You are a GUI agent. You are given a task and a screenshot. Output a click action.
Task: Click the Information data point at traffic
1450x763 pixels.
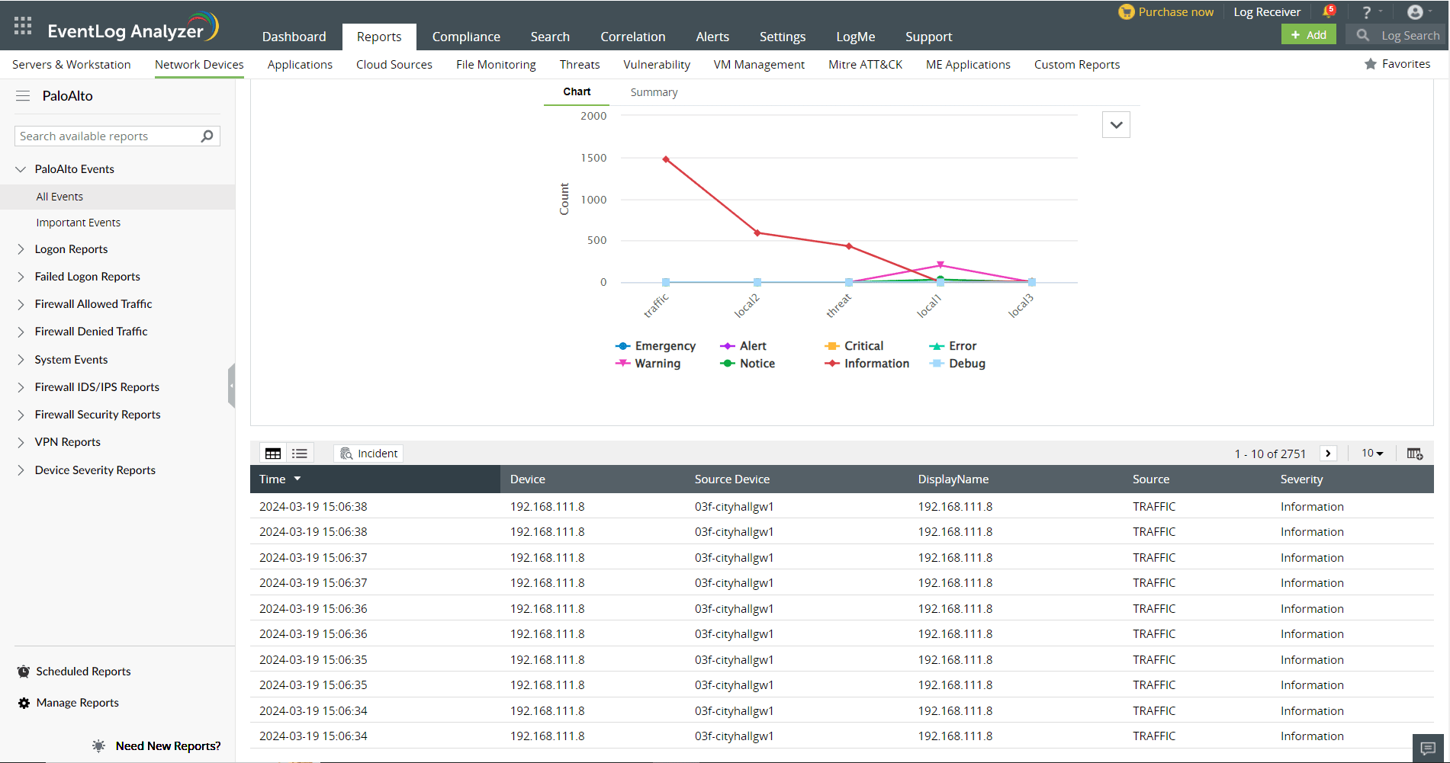[666, 159]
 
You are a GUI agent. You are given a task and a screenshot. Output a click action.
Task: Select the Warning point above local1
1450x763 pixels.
[940, 265]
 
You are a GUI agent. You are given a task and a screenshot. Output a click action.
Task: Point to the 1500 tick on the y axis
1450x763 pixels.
[593, 158]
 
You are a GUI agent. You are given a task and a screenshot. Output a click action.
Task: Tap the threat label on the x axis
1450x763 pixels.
[838, 305]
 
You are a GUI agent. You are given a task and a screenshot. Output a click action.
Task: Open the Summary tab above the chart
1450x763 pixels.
[654, 92]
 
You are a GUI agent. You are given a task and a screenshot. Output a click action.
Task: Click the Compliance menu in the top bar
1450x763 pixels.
[466, 37]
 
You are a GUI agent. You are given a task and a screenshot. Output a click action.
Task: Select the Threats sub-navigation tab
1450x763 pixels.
[580, 65]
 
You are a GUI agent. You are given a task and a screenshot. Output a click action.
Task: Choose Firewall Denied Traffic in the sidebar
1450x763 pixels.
[91, 332]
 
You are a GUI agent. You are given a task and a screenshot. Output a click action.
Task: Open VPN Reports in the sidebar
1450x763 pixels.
[67, 442]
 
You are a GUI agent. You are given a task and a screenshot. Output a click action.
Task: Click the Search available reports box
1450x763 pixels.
[108, 136]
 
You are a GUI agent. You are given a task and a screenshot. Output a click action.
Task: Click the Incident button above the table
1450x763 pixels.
[369, 454]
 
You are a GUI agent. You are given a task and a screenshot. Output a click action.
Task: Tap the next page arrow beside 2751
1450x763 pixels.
[1328, 454]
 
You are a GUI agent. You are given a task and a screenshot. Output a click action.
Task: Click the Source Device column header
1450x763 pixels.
[731, 479]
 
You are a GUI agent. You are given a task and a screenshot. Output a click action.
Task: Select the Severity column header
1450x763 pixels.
[1301, 479]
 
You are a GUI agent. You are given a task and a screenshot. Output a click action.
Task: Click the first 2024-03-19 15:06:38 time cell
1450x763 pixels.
[313, 507]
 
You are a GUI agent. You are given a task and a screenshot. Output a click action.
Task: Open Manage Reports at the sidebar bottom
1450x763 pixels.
[77, 703]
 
